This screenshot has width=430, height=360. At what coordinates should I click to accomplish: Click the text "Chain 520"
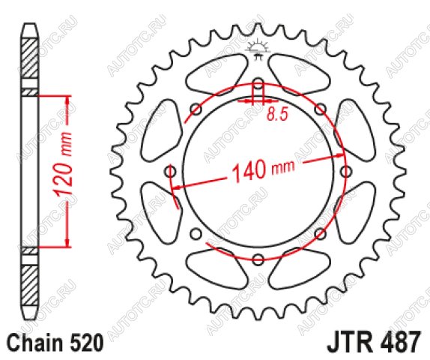tap(55, 343)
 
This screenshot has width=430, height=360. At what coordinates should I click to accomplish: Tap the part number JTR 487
tap(373, 342)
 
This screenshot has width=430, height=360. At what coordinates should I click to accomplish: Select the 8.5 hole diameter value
tap(277, 114)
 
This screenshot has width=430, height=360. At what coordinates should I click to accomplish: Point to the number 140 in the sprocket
tap(249, 170)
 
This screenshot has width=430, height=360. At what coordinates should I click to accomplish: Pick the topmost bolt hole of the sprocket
tap(258, 83)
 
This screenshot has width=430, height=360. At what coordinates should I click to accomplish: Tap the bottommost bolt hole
tap(258, 259)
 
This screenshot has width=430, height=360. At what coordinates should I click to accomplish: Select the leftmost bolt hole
tap(170, 172)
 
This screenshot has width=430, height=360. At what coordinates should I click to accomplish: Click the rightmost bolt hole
tap(345, 172)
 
